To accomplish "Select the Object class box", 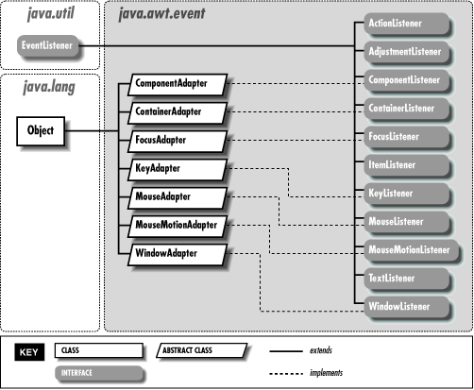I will click(41, 130).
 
